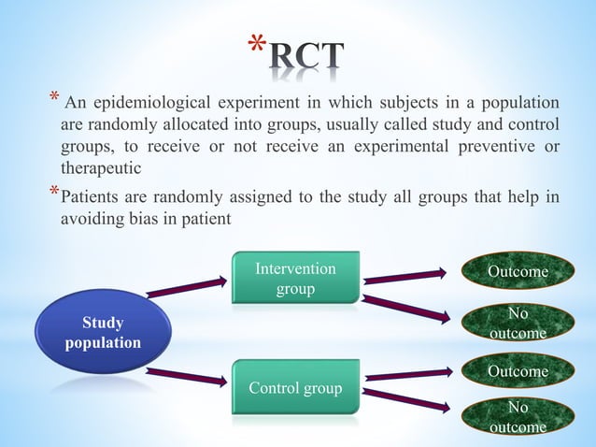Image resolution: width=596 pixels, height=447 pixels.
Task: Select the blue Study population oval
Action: (102, 332)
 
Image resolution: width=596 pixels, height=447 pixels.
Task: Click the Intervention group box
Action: (295, 278)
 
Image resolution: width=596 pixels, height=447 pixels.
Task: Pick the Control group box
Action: (295, 387)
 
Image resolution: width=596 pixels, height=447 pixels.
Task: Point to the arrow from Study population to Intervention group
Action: (187, 287)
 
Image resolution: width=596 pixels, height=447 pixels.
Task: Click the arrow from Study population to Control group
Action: (187, 377)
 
